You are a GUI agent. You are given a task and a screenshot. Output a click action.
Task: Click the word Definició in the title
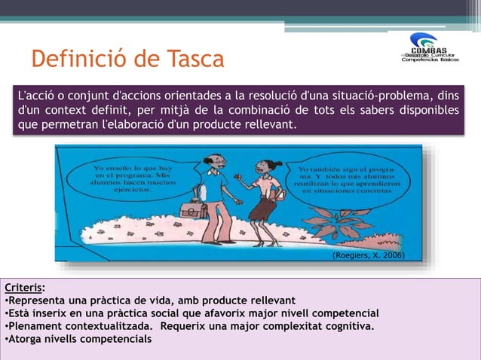pyautogui.click(x=85, y=59)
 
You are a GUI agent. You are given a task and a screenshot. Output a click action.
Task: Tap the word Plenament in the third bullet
pyautogui.click(x=36, y=326)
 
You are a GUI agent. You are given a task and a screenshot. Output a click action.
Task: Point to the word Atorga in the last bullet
pyautogui.click(x=28, y=339)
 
